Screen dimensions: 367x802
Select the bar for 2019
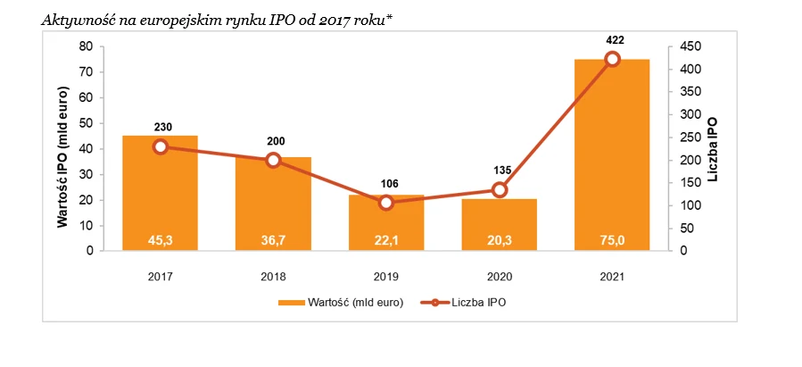click(386, 223)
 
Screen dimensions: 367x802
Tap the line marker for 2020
click(500, 189)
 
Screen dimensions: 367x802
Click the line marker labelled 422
click(612, 59)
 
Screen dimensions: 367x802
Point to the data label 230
click(161, 127)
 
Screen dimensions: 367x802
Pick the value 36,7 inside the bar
click(273, 238)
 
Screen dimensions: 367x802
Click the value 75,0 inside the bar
click(612, 238)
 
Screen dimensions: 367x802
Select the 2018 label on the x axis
click(273, 276)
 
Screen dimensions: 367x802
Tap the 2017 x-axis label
click(161, 276)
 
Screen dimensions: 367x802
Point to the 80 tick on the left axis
click(87, 46)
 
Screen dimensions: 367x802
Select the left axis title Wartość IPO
click(63, 157)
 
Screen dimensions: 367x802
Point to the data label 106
click(386, 184)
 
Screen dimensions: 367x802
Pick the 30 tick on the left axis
click(87, 174)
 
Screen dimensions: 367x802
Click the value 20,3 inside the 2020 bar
click(500, 238)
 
